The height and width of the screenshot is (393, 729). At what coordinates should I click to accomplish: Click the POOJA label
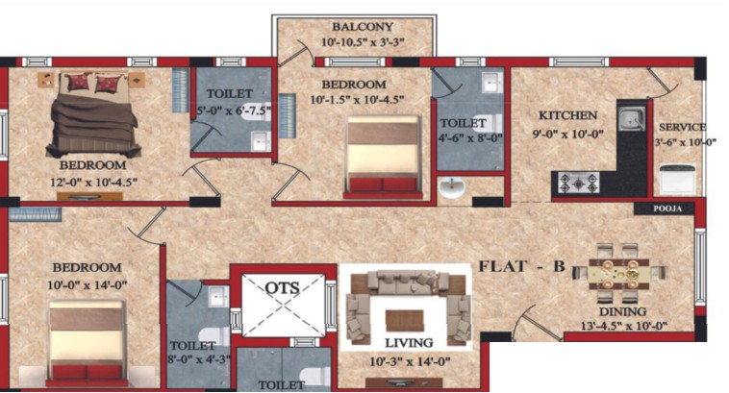click(x=667, y=209)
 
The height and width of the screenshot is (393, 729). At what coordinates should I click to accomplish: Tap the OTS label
click(x=282, y=288)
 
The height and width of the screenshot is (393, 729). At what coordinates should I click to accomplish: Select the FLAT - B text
click(x=521, y=266)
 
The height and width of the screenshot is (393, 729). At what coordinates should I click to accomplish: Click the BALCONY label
click(x=363, y=27)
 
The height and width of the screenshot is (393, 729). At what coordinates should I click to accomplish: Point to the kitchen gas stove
click(x=578, y=183)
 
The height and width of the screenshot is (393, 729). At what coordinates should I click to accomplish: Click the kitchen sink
click(x=632, y=117)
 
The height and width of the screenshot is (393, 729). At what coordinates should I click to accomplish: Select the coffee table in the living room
click(x=405, y=321)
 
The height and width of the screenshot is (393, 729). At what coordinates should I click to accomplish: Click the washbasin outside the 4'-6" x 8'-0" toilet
click(x=451, y=187)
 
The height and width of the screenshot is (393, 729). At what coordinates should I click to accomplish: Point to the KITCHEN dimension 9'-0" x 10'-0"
click(x=567, y=134)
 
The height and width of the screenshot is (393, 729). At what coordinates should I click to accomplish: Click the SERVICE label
click(x=682, y=127)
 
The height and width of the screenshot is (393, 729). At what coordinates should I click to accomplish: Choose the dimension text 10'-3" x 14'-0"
click(x=410, y=361)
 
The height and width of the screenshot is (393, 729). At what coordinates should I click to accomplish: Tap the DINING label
click(x=622, y=311)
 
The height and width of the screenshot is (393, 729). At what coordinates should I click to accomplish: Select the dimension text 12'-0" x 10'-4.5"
click(x=93, y=182)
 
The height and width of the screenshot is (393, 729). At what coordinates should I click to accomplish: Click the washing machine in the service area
click(x=677, y=178)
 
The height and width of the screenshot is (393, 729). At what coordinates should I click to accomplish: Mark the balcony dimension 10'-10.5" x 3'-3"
click(x=363, y=42)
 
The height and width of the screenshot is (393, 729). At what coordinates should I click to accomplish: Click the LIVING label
click(x=409, y=343)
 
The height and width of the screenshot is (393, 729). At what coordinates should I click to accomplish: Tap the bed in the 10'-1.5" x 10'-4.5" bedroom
click(x=383, y=157)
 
